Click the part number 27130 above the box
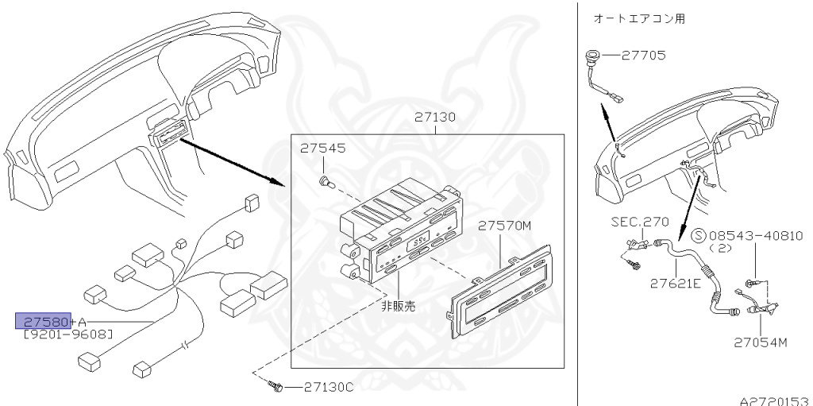point(434,118)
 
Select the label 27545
point(322,149)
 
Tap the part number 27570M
point(504,226)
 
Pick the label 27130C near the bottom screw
point(328,387)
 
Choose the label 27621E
point(674,282)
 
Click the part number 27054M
point(760,343)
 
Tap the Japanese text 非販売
point(397,304)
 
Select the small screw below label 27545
point(324,182)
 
